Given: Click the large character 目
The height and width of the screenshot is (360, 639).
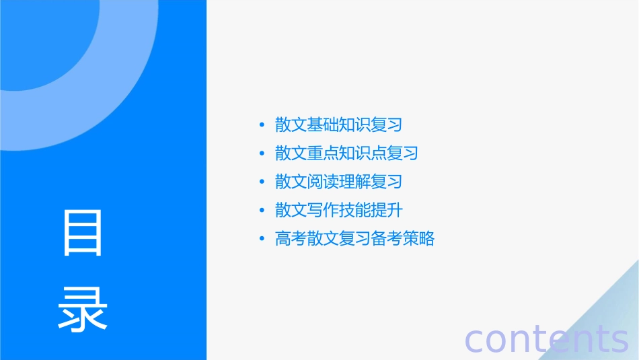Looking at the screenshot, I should [x=83, y=233].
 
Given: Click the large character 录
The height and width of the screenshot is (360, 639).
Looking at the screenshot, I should [x=83, y=310].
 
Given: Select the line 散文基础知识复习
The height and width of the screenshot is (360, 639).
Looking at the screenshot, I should [x=338, y=125].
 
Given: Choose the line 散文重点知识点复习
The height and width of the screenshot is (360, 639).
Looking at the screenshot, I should [x=346, y=153].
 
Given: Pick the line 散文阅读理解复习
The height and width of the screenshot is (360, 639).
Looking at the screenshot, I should [x=338, y=182].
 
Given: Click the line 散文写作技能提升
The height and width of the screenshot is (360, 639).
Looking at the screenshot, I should [x=338, y=210].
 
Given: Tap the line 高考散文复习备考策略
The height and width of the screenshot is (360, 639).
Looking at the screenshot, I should [x=354, y=238].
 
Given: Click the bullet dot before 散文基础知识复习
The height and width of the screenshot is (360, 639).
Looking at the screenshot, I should [x=262, y=125].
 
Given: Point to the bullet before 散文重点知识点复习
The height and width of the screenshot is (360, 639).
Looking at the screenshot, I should [x=262, y=153].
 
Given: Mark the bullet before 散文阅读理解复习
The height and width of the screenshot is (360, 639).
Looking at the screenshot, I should [x=262, y=182].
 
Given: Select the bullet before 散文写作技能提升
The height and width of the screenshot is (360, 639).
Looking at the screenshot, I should [x=262, y=210].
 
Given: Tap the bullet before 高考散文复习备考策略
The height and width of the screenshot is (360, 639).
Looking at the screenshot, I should [x=262, y=238].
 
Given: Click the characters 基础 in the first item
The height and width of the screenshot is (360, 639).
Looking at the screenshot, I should [x=323, y=125].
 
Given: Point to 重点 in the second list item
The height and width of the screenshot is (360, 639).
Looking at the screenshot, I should [x=323, y=153].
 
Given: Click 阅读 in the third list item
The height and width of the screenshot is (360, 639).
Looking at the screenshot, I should [x=323, y=182].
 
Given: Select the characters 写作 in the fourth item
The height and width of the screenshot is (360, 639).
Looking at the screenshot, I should [x=323, y=210].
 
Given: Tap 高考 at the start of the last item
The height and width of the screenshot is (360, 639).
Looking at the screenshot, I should [x=291, y=238].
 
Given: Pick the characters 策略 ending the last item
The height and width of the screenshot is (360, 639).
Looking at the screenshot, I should [x=418, y=238].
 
